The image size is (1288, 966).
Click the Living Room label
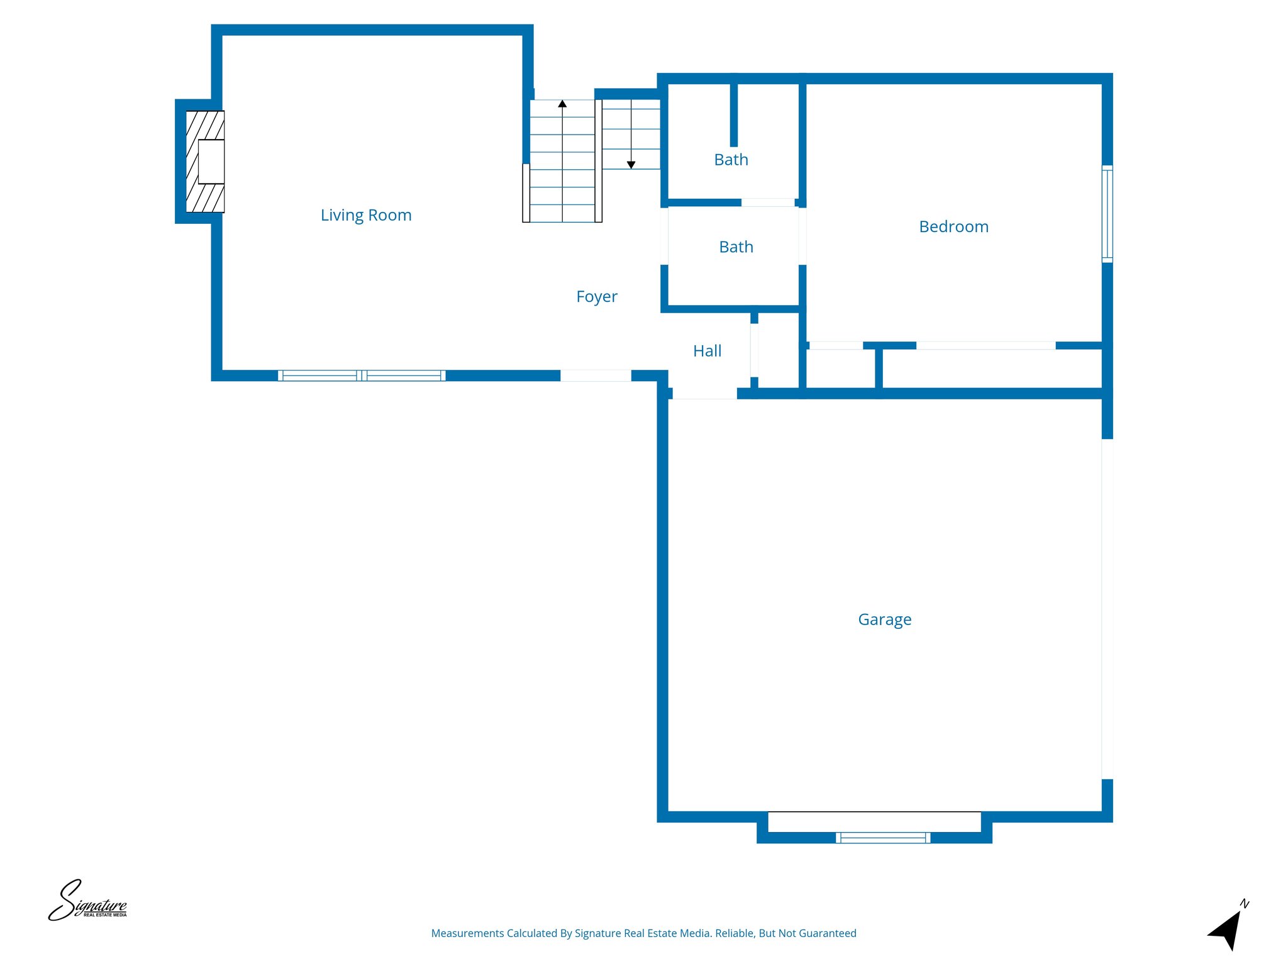click(x=366, y=215)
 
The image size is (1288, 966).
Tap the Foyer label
click(x=596, y=296)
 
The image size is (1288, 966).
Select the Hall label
click(x=707, y=351)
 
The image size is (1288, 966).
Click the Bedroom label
click(x=953, y=226)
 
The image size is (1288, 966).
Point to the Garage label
click(x=884, y=619)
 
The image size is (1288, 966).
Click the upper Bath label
click(x=731, y=160)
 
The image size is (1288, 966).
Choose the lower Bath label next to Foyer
click(x=736, y=247)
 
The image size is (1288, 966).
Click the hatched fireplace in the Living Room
click(x=205, y=162)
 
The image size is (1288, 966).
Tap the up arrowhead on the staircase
click(x=562, y=104)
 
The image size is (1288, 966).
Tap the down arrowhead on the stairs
click(x=631, y=165)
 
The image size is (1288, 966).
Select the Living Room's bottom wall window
click(x=362, y=375)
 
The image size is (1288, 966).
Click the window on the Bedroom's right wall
click(x=1107, y=214)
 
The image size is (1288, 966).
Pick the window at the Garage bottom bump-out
click(x=882, y=837)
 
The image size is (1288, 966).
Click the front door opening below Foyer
click(x=596, y=375)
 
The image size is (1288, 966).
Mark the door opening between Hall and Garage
click(x=704, y=394)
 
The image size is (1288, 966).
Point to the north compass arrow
click(x=1227, y=929)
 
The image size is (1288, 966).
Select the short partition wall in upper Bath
click(x=733, y=114)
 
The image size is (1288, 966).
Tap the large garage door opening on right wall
click(x=1107, y=609)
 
